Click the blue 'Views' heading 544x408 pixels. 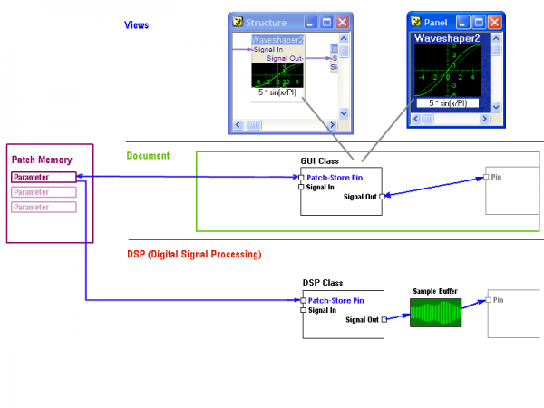click(x=136, y=24)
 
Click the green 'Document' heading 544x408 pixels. click(x=148, y=156)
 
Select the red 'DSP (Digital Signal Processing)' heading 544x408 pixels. click(x=194, y=254)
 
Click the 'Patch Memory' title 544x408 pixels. click(x=42, y=160)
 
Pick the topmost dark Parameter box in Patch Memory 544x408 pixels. click(x=44, y=178)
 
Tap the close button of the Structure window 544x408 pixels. click(x=342, y=22)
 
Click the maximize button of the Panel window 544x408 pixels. click(x=478, y=22)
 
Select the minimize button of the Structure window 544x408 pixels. click(x=311, y=22)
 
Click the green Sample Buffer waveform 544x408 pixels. click(x=435, y=314)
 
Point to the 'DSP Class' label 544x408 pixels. click(x=323, y=283)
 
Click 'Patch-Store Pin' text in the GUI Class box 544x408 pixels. click(x=335, y=178)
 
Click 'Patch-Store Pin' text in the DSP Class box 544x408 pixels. click(x=335, y=300)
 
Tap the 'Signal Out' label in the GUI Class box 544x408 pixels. click(x=360, y=196)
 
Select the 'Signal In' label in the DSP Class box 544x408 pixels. click(x=322, y=310)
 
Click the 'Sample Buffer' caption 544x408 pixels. click(x=435, y=291)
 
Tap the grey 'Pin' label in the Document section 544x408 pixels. click(x=497, y=177)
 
